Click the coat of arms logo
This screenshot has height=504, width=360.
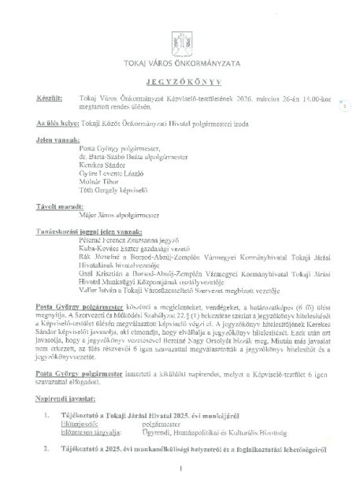[180, 42]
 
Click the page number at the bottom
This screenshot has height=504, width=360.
[180, 491]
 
